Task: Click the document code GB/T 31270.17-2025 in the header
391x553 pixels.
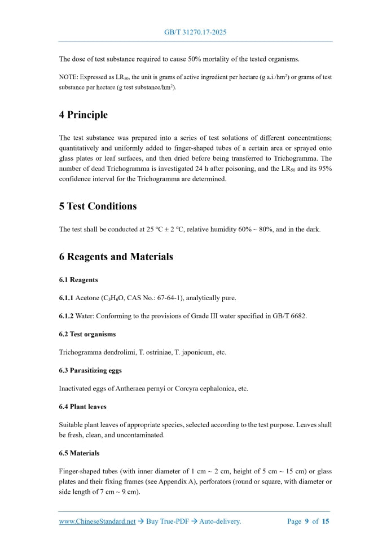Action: (195, 33)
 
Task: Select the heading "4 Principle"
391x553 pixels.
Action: (83, 115)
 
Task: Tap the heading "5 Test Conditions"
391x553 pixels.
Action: (98, 206)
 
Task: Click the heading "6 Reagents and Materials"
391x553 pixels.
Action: (116, 257)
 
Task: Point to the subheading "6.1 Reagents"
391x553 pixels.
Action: (78, 280)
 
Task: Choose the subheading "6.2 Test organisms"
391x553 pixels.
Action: (87, 334)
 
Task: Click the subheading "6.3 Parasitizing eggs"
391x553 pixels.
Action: (90, 370)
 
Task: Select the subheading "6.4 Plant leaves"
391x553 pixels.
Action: (82, 406)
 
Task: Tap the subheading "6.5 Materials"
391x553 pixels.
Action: (79, 453)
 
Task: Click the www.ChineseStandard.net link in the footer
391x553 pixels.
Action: (97, 521)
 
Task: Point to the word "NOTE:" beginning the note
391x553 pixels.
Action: (68, 77)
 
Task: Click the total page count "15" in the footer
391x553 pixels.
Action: (326, 521)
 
